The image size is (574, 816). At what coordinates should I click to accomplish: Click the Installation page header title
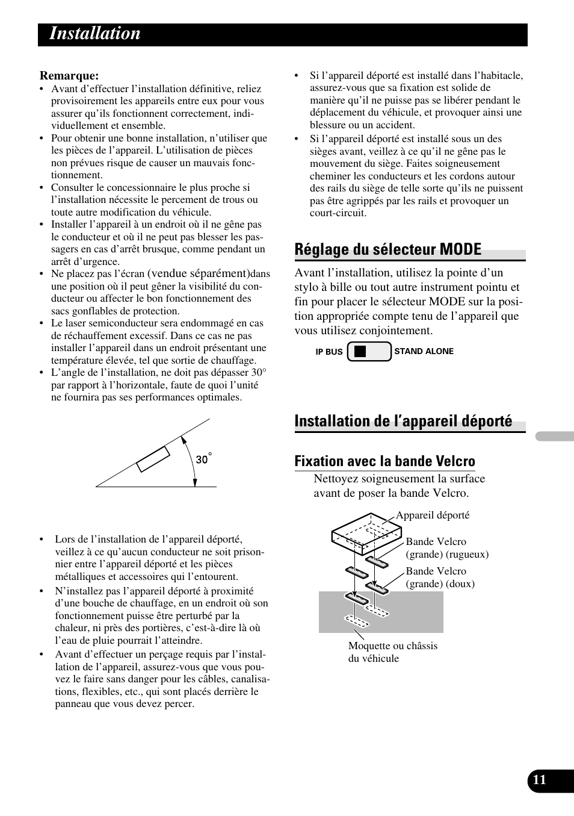[x=95, y=34]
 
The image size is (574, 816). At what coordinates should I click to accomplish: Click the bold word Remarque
[x=69, y=76]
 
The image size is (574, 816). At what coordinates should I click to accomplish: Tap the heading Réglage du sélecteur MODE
[x=388, y=249]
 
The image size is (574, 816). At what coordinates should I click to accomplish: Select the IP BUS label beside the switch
[x=329, y=352]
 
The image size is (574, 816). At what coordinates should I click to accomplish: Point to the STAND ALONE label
[x=424, y=351]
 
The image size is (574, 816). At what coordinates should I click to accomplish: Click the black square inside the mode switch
[x=360, y=352]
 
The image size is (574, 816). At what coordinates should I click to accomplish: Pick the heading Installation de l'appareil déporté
[x=403, y=421]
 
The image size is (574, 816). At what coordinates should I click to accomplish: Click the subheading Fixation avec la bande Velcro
[x=384, y=461]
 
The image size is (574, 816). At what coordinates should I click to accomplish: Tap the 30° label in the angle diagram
[x=203, y=459]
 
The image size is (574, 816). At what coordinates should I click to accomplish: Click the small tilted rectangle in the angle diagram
[x=153, y=459]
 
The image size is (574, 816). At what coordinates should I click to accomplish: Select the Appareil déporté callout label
[x=432, y=515]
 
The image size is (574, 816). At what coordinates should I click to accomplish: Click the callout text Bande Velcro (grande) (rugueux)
[x=446, y=548]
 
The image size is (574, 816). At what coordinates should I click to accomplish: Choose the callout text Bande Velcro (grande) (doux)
[x=440, y=578]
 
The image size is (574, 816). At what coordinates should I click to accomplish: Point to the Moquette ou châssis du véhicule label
[x=392, y=652]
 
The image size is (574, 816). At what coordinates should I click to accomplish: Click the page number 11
[x=540, y=780]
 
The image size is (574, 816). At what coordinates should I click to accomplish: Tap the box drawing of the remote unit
[x=366, y=533]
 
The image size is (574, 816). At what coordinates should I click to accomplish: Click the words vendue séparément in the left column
[x=199, y=273]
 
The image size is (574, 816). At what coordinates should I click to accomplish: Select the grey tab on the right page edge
[x=554, y=437]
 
